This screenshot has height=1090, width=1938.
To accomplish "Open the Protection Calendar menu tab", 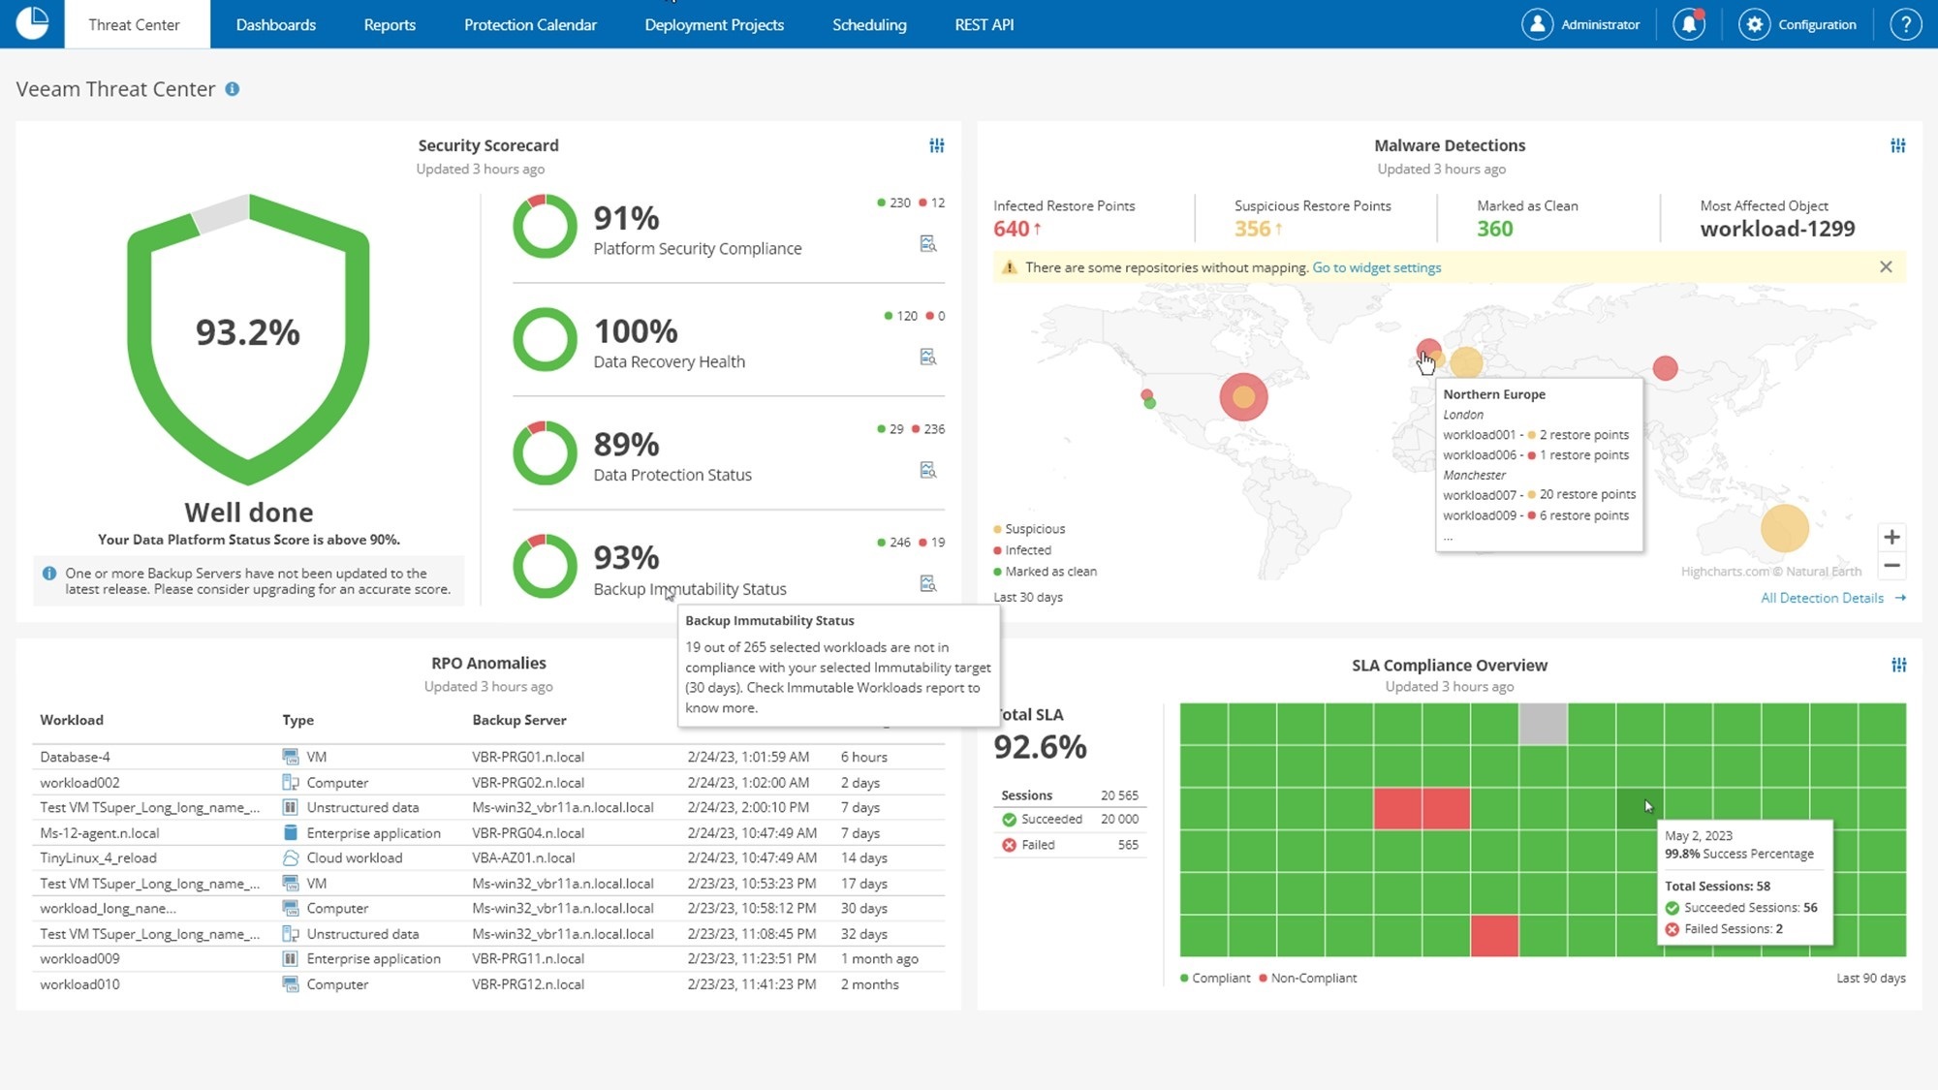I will click(530, 24).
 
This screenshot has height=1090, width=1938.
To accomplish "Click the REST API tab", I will click(984, 24).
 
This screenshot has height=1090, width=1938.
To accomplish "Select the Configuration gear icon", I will click(1754, 24).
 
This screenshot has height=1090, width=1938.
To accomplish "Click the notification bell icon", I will click(1689, 24).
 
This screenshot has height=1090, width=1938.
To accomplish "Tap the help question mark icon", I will click(1905, 24).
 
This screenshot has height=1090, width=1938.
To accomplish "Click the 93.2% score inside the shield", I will click(248, 332).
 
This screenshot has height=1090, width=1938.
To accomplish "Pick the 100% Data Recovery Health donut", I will click(545, 339).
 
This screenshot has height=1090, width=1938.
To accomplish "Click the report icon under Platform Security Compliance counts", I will click(927, 243).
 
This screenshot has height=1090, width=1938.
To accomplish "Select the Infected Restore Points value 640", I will click(1011, 229).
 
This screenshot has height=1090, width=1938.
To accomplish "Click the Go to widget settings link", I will click(1376, 267).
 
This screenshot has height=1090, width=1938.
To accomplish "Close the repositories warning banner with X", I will click(1886, 266).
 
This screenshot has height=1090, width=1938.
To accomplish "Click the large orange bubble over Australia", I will click(1784, 528).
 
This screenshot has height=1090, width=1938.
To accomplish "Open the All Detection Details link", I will click(1822, 598).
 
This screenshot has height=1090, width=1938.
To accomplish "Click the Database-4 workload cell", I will click(75, 757).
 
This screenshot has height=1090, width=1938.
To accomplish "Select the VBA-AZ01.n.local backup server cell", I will click(523, 857).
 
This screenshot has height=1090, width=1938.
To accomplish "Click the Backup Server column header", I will click(519, 720).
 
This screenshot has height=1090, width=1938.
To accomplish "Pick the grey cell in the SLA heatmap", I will click(1543, 724).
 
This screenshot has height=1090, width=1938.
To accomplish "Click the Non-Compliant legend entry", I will click(1313, 978).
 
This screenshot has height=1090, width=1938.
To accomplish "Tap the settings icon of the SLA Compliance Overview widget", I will click(1898, 665).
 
